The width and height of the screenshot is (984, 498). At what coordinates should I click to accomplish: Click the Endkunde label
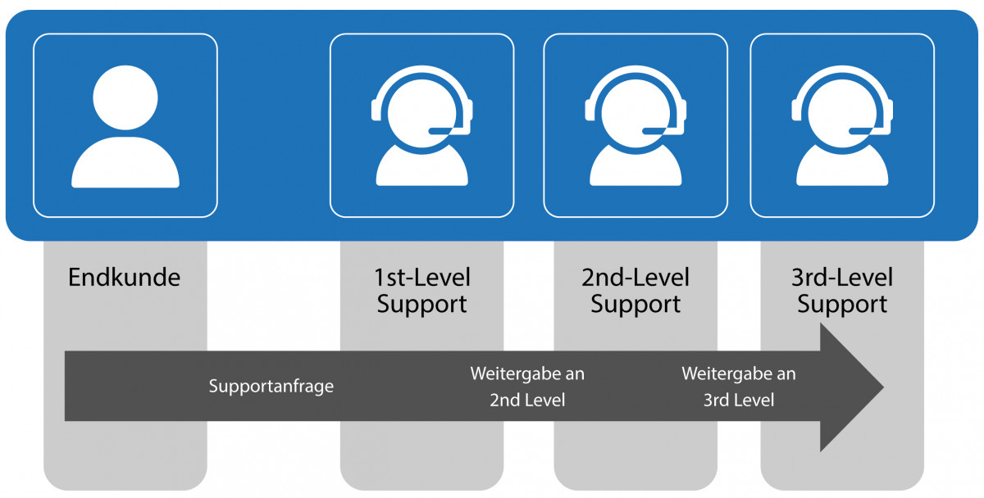124,277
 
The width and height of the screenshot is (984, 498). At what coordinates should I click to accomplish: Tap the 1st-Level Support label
421,291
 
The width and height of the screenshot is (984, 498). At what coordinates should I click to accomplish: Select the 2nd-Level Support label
635,291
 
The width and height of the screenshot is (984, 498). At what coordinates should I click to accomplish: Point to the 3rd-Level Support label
842,291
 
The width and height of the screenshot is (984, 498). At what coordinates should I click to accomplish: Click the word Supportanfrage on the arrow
271,386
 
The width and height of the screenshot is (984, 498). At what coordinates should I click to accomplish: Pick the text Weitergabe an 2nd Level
527,387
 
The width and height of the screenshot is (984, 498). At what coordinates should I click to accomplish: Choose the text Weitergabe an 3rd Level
739,387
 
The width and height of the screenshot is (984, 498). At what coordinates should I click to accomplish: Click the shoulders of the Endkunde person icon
125,164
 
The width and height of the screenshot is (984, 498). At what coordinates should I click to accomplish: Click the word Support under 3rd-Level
842,305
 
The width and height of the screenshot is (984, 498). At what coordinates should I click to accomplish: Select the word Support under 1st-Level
421,305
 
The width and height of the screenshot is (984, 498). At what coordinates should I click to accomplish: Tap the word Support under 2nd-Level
635,305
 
